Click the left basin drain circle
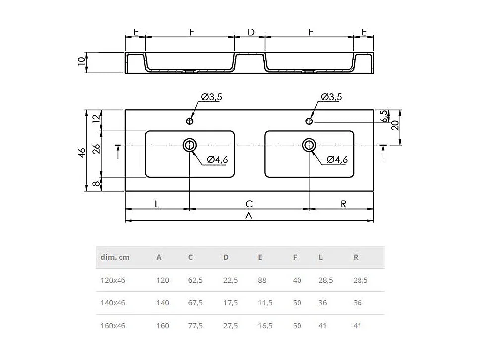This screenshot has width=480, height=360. tap(190, 145)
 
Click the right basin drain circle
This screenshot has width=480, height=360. tap(309, 145)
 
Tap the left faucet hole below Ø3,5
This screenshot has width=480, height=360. tap(190, 121)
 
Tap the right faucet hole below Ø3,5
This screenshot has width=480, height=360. tap(309, 121)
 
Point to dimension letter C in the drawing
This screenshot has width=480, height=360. tap(249, 203)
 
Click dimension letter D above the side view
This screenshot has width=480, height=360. tap(251, 32)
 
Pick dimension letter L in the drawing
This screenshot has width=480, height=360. tap(157, 203)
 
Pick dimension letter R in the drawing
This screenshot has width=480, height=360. tap(343, 203)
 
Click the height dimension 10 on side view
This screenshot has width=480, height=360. tap(82, 62)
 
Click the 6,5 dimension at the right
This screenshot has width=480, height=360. tap(383, 116)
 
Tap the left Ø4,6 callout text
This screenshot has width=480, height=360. tap(217, 159)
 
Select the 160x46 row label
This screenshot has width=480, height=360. tap(113, 326)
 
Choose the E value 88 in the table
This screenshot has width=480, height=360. tap(262, 280)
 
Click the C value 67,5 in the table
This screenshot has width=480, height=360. tap(195, 303)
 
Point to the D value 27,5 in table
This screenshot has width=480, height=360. tap(230, 326)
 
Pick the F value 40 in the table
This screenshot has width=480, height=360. tap(297, 280)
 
